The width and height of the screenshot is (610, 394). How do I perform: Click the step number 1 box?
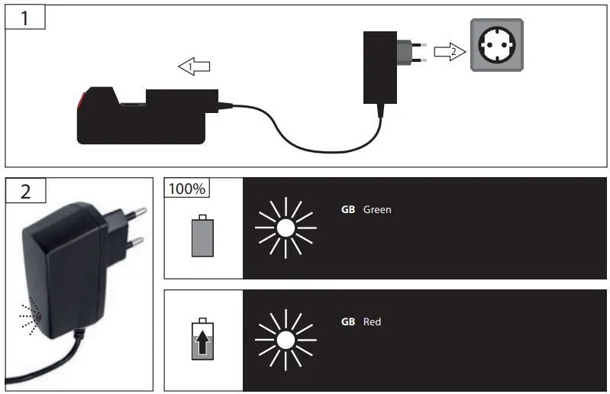pyautogui.click(x=25, y=17)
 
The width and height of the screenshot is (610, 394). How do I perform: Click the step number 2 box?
pyautogui.click(x=25, y=190)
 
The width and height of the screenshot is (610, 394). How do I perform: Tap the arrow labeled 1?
pyautogui.click(x=195, y=67)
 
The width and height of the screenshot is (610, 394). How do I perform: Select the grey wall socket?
pyautogui.click(x=496, y=45)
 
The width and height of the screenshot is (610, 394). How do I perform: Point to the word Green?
pyautogui.click(x=377, y=209)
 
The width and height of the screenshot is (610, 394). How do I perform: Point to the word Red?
pyautogui.click(x=372, y=321)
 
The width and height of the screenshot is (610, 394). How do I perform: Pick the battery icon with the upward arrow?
pyautogui.click(x=202, y=341)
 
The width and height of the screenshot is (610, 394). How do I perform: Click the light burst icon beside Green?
pyautogui.click(x=286, y=227)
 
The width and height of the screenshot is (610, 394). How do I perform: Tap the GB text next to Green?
pyautogui.click(x=348, y=209)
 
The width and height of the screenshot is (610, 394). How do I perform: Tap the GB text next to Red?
pyautogui.click(x=348, y=321)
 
